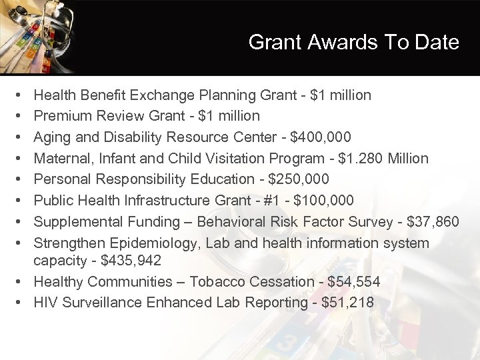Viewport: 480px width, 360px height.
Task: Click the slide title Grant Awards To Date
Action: click(353, 42)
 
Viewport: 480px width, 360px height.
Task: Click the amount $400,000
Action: click(325, 137)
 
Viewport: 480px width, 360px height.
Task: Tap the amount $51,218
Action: click(347, 303)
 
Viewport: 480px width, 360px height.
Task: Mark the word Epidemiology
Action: click(148, 243)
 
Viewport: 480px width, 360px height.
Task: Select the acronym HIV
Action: click(45, 303)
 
